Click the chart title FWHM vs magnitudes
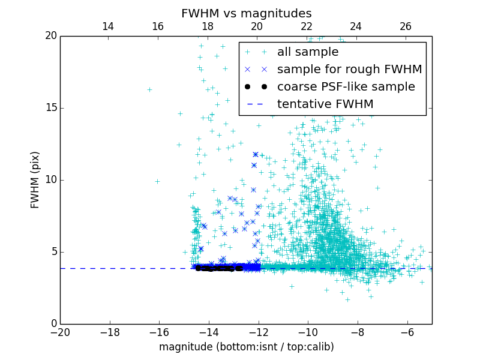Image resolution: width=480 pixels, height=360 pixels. tap(246, 13)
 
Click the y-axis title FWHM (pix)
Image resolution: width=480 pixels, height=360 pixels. tap(35, 179)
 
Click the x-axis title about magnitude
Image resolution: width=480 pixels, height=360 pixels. tap(246, 347)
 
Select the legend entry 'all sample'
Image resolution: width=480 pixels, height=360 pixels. tap(308, 52)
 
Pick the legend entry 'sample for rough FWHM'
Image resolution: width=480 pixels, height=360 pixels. tap(349, 69)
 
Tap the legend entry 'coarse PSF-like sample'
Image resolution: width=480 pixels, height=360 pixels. tap(346, 86)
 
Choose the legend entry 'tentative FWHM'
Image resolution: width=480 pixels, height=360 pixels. tap(325, 104)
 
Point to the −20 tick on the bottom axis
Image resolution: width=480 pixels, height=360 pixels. tap(60, 332)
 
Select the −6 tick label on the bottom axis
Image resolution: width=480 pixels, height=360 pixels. tap(407, 332)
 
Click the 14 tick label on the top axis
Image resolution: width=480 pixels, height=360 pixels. tap(108, 26)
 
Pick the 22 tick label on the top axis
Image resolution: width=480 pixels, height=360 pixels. tap(307, 26)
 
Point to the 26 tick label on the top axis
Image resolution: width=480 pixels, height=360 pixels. tap(406, 26)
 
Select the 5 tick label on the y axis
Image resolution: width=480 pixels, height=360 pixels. tap(53, 252)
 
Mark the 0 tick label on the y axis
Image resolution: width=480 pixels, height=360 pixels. tap(53, 324)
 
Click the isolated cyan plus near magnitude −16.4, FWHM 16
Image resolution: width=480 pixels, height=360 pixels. tap(149, 89)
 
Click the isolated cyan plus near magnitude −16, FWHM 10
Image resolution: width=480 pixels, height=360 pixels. tap(157, 181)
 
